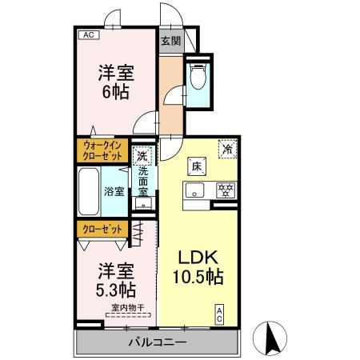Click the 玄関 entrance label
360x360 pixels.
tap(170, 41)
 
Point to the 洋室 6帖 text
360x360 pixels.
tap(116, 81)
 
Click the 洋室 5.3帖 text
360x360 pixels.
tap(116, 277)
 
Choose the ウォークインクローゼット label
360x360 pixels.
tap(103, 151)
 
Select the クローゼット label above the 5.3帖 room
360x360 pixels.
tap(103, 229)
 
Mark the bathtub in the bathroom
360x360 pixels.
tap(90, 191)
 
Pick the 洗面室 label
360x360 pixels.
tap(143, 182)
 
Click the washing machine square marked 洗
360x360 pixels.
tap(142, 157)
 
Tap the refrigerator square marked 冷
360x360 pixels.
tap(228, 148)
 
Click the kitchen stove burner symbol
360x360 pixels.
tap(226, 190)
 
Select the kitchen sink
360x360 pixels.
tap(194, 190)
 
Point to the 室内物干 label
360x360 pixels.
tap(127, 307)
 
